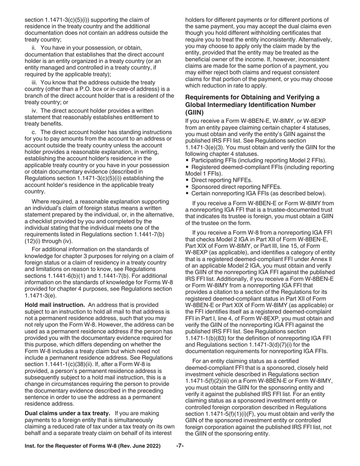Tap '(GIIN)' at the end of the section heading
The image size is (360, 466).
point(195,112)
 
